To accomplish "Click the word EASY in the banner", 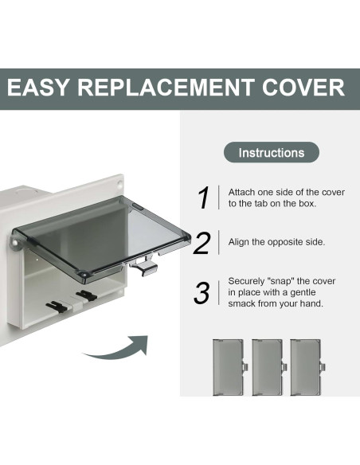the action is point(37,88).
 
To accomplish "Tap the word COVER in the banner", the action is point(303,88).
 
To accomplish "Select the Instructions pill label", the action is point(272,152).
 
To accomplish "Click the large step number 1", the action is point(204,197).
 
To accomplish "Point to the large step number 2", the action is point(202,243).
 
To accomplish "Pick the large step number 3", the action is point(202,293).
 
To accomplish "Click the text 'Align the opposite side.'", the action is point(276,242).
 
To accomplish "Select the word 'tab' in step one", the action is point(258,204).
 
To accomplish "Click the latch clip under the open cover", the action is point(145,265).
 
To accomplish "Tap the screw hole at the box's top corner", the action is point(119,182).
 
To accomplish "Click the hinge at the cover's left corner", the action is point(15,244).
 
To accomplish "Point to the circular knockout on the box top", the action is point(27,192).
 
